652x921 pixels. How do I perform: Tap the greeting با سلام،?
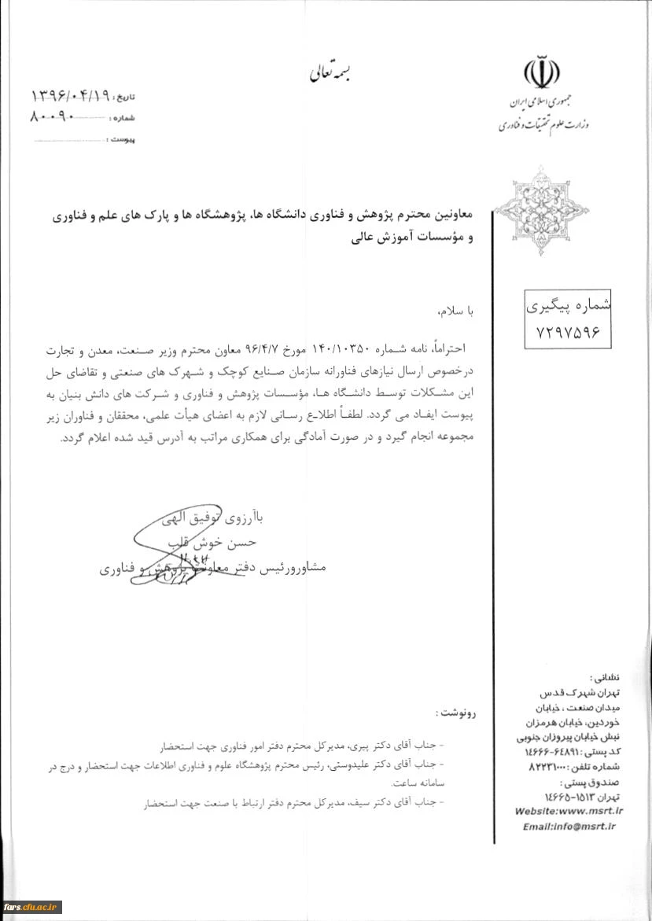click(x=453, y=311)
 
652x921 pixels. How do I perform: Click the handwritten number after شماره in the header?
click(x=51, y=117)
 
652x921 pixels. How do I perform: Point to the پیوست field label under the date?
click(x=120, y=138)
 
